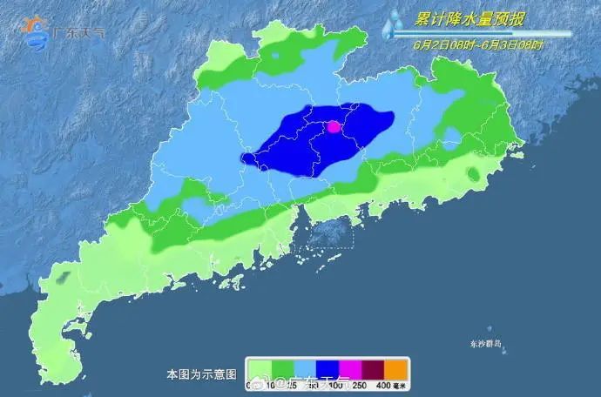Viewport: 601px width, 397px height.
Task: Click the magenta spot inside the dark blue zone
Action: pos(333,127)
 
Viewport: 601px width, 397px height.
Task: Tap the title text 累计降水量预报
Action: pos(469,18)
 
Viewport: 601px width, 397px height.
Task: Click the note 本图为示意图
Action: pos(201,374)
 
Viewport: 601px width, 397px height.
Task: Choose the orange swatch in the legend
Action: pos(396,368)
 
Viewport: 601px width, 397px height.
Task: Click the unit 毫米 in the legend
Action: pos(402,384)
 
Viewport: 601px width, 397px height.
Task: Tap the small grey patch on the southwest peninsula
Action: pos(63,279)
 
